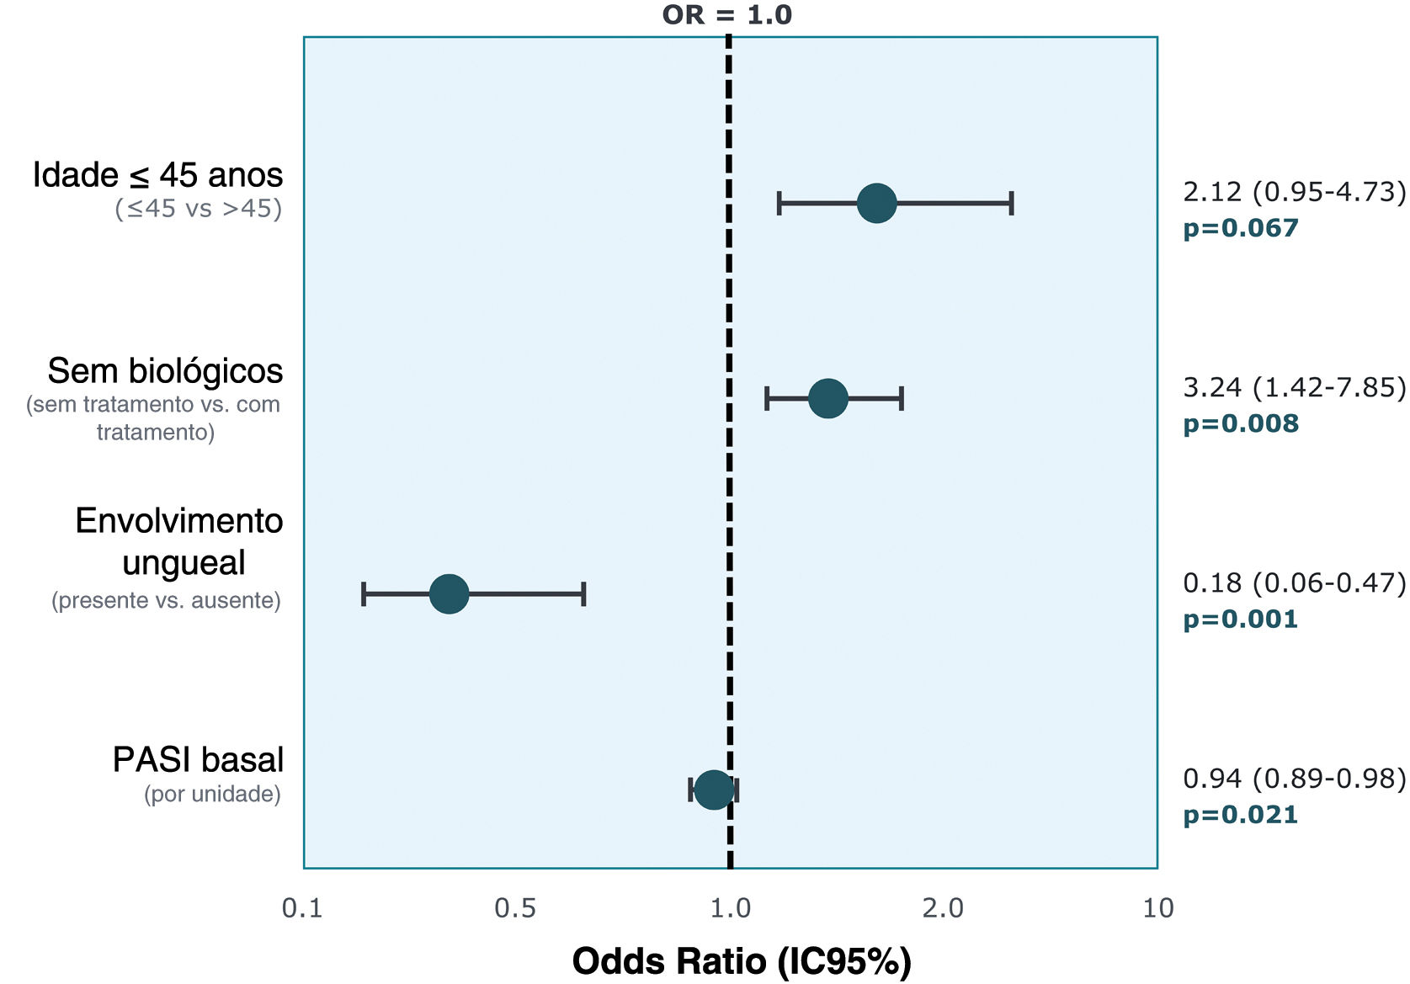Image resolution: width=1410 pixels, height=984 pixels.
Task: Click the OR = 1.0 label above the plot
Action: tap(727, 14)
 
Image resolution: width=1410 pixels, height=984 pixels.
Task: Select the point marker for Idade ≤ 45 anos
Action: tap(876, 204)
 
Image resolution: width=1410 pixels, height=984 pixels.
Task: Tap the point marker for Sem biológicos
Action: tap(827, 398)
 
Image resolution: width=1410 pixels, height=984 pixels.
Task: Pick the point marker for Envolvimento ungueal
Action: tap(449, 593)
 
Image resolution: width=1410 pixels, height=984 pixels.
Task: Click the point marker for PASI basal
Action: tap(714, 790)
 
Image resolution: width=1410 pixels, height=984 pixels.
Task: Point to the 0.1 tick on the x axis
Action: tap(302, 908)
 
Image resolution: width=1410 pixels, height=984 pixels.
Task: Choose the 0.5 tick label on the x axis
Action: tap(515, 908)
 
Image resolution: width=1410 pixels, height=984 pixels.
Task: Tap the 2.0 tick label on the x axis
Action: tap(943, 908)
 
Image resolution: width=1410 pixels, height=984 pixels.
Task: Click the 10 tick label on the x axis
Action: tap(1158, 908)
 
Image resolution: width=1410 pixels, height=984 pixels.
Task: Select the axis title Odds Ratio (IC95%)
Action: tap(742, 961)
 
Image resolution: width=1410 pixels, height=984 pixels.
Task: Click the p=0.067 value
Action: tap(1241, 228)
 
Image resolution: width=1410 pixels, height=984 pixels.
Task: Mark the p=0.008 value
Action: tap(1241, 423)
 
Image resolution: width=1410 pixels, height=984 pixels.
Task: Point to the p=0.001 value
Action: tap(1240, 620)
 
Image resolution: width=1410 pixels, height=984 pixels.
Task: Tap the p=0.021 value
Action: tap(1240, 816)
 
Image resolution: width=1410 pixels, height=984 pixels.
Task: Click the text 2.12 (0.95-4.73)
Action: tap(1294, 191)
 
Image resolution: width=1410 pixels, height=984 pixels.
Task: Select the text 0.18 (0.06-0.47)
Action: tap(1294, 583)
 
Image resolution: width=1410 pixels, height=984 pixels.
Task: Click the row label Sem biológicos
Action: tap(165, 371)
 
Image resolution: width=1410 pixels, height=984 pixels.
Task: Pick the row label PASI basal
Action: tap(198, 759)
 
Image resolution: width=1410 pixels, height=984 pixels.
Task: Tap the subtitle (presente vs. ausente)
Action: tap(166, 601)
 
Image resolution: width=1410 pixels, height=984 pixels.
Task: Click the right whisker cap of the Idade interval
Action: tap(1012, 204)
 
